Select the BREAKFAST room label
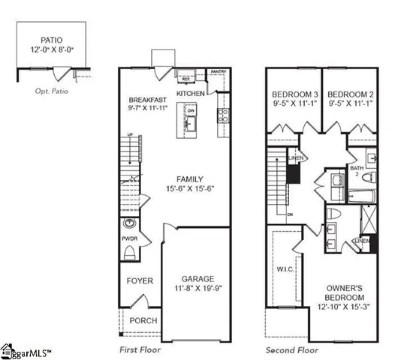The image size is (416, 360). [x=146, y=100]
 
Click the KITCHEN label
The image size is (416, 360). [x=191, y=93]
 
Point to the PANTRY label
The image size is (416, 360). [x=218, y=73]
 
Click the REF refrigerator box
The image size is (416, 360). [x=185, y=78]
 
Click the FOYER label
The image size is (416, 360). [x=140, y=281]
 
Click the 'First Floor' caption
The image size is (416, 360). [x=141, y=350]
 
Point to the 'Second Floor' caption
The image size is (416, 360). [x=291, y=350]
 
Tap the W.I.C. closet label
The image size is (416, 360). [x=283, y=269]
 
